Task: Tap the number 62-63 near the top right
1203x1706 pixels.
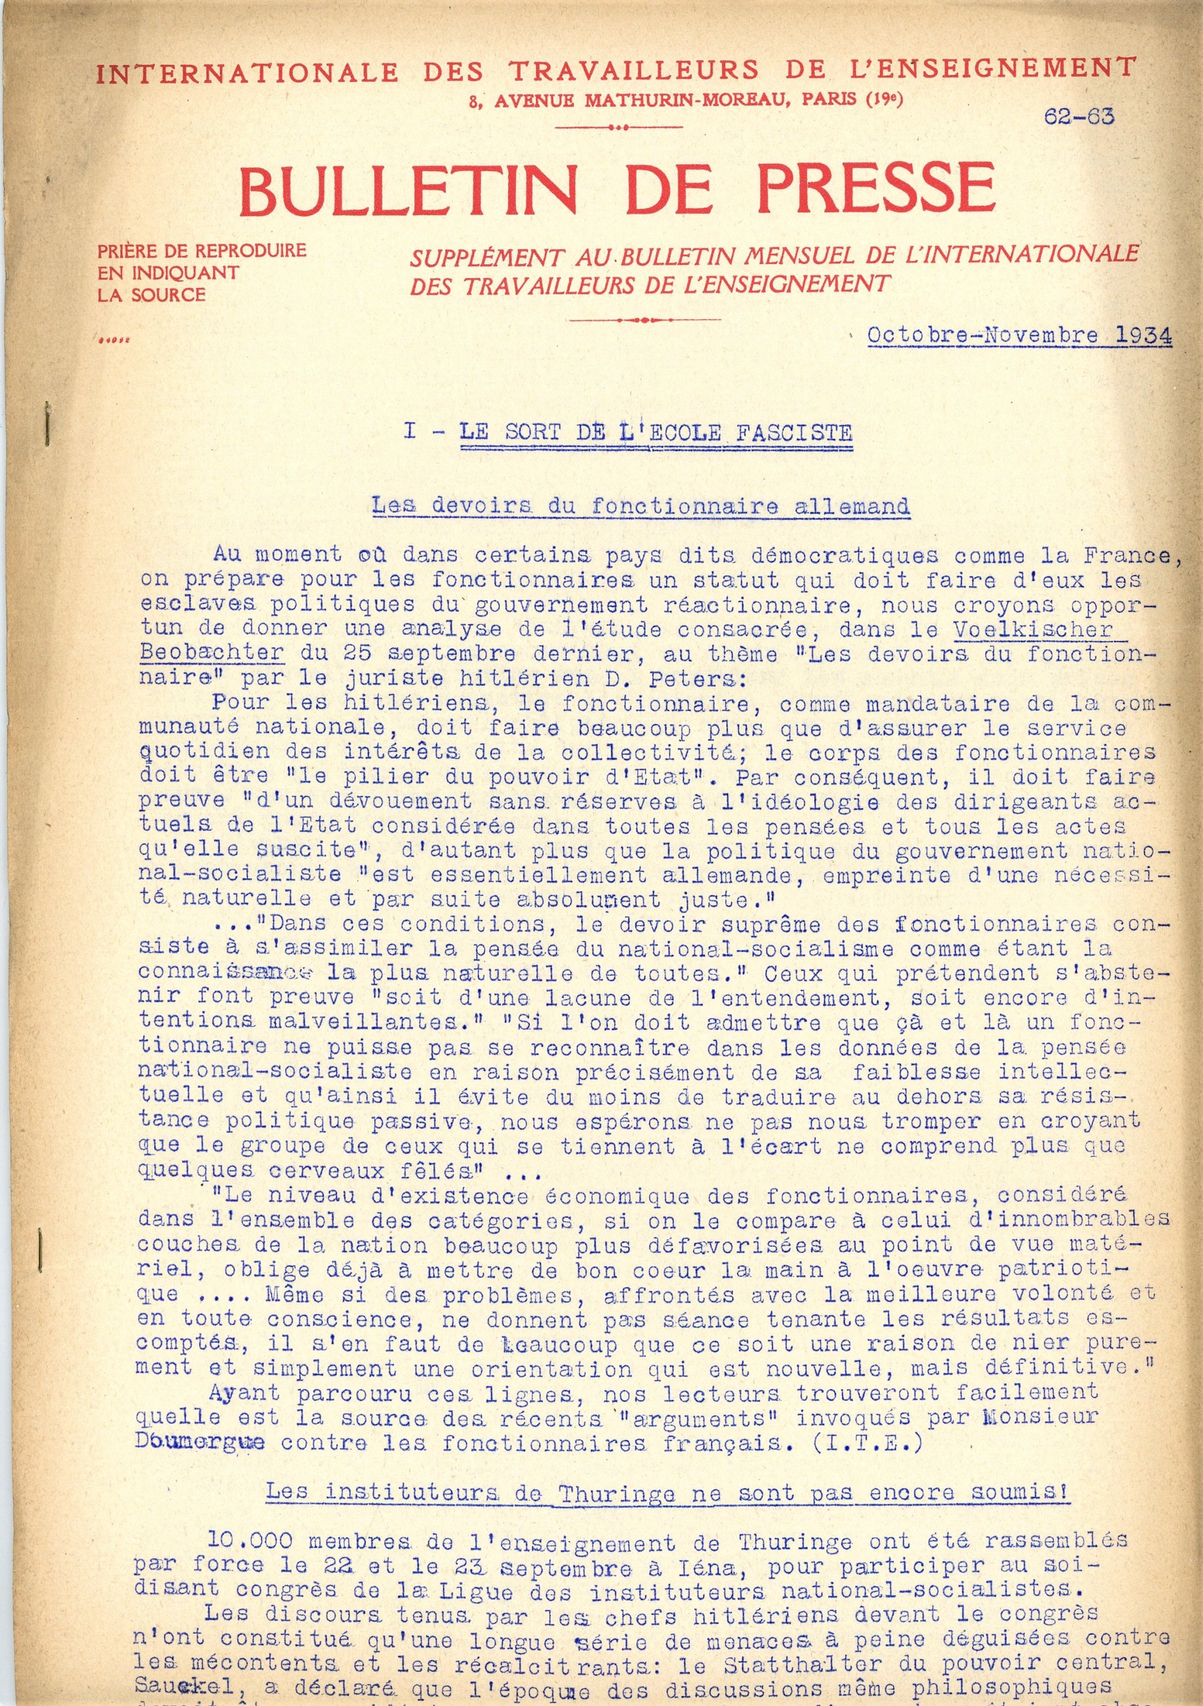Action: (x=1079, y=116)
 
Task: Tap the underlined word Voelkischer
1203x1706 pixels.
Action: (x=1033, y=630)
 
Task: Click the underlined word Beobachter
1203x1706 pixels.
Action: (x=211, y=654)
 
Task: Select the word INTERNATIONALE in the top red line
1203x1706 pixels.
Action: (x=248, y=72)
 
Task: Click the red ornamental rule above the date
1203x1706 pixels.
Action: (x=643, y=320)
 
